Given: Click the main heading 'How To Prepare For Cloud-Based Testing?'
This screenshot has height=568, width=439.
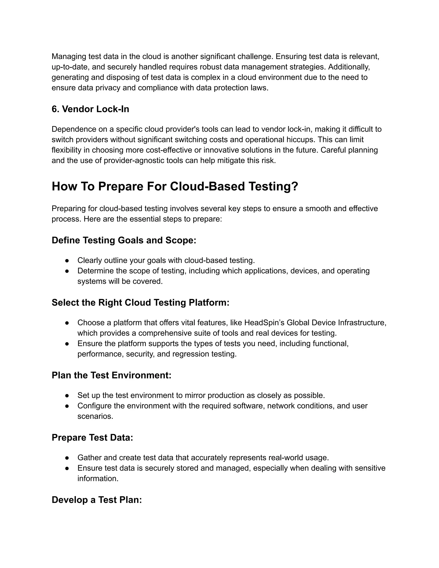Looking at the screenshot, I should pyautogui.click(x=175, y=186).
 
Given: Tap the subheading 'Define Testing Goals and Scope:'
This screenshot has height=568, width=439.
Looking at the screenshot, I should pyautogui.click(x=124, y=240).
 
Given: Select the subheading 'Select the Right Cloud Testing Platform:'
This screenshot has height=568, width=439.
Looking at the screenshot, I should pyautogui.click(x=140, y=302).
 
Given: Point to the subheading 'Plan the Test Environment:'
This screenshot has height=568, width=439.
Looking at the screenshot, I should pyautogui.click(x=111, y=375).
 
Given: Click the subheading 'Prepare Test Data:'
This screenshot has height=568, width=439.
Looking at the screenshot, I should pyautogui.click(x=92, y=437).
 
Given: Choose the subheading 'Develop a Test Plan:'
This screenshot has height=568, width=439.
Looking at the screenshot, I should pyautogui.click(x=97, y=500).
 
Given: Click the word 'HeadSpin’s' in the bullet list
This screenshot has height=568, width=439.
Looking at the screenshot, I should pyautogui.click(x=264, y=323).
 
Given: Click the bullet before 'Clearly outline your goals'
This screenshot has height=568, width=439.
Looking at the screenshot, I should pyautogui.click(x=67, y=260).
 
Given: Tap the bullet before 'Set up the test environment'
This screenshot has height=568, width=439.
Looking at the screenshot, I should pyautogui.click(x=67, y=396).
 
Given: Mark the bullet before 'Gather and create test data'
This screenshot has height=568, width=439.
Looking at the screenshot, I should pyautogui.click(x=67, y=458).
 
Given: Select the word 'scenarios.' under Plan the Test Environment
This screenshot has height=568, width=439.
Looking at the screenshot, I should pyautogui.click(x=95, y=416).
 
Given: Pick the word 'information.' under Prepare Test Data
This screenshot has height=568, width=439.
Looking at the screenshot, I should pyautogui.click(x=98, y=479).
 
